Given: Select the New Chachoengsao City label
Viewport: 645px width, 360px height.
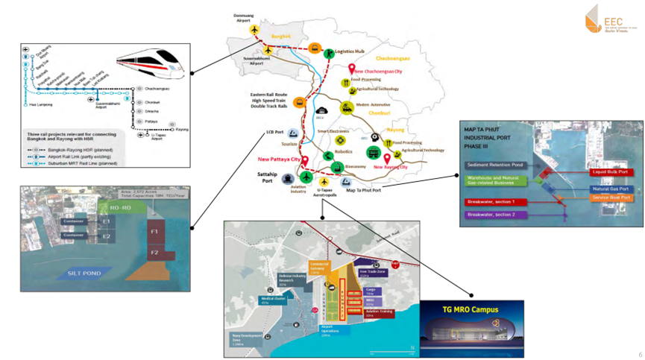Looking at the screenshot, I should click(379, 71).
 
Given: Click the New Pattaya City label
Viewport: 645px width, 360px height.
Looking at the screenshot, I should click(279, 160).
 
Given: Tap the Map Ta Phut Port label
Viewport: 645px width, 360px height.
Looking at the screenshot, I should click(364, 190).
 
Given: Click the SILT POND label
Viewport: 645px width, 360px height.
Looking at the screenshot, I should click(84, 273).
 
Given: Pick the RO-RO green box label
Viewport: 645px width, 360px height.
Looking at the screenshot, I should click(120, 208).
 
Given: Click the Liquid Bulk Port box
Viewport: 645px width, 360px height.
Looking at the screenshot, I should click(610, 172).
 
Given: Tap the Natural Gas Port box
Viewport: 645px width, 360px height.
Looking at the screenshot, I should click(611, 189).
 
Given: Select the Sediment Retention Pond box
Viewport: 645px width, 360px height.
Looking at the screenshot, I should click(494, 165).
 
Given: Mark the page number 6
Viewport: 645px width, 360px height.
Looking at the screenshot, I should click(639, 354).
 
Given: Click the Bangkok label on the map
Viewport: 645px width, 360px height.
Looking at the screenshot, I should click(281, 36).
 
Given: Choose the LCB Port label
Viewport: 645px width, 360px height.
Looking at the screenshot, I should click(274, 133).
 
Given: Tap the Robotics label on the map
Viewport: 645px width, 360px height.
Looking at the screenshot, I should click(343, 151).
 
